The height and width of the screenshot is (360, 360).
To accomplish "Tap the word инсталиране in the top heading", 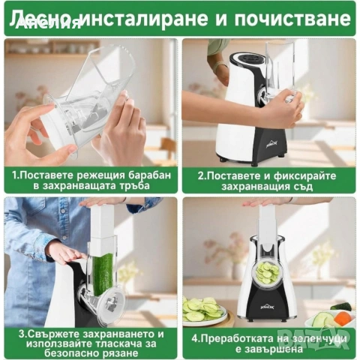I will tap(149, 16).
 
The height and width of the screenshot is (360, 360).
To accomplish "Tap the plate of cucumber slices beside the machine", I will tap(202, 308).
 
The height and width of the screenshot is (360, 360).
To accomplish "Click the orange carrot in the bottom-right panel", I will tap(346, 316).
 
